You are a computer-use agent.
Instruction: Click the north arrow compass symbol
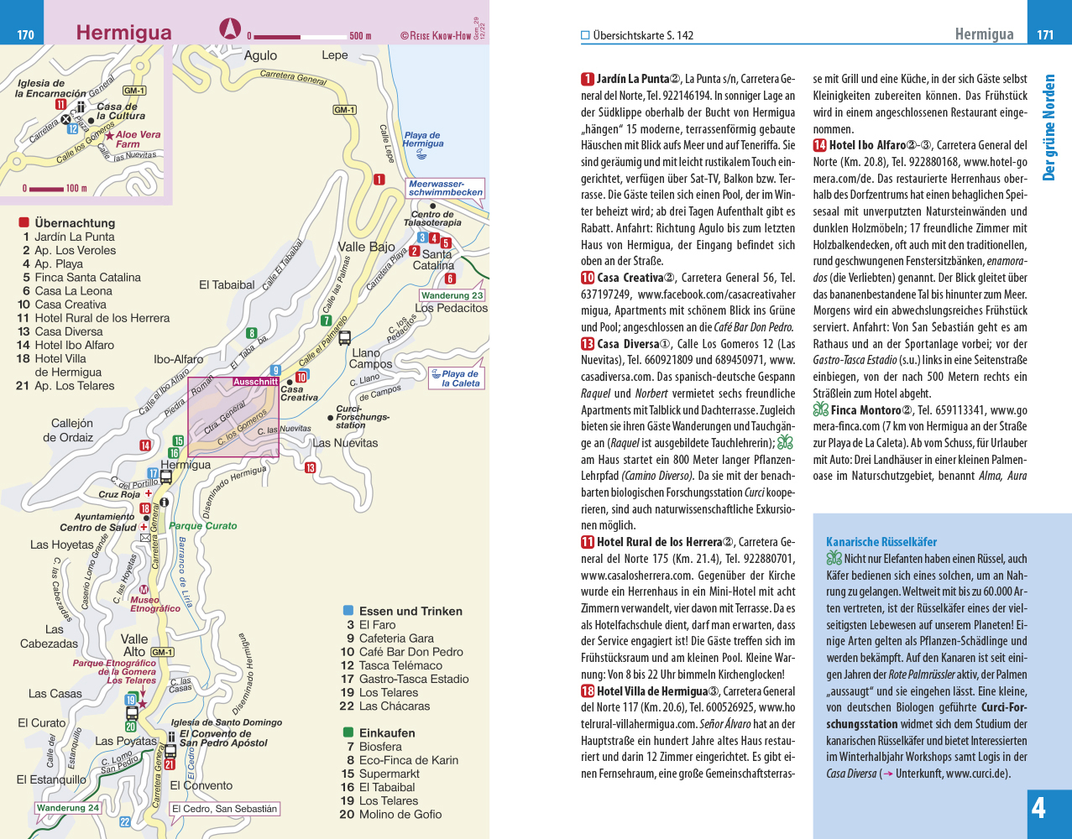tap(229, 29)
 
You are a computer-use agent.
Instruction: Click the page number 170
tap(25, 35)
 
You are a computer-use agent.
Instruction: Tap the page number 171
tap(1045, 35)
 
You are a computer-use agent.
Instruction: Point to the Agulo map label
tap(260, 55)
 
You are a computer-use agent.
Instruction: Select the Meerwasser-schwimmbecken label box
tap(446, 188)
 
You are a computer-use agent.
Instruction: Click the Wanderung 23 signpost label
tap(452, 295)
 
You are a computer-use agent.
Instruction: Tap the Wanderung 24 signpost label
tap(68, 808)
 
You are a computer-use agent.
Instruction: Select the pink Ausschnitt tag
tap(255, 382)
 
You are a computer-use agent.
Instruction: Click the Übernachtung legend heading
tap(75, 223)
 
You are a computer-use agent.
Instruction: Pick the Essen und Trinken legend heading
tap(410, 612)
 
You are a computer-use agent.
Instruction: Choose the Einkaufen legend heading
tap(387, 733)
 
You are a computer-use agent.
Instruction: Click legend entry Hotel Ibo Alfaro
tap(74, 345)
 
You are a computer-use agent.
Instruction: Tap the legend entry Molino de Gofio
tap(400, 814)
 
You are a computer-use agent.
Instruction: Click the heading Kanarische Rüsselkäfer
tap(881, 542)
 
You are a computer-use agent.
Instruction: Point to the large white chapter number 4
tap(1038, 808)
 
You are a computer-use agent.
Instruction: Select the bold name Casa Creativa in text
tap(630, 278)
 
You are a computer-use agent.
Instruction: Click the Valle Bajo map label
tap(366, 247)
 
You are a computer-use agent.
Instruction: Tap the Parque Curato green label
tap(203, 526)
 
